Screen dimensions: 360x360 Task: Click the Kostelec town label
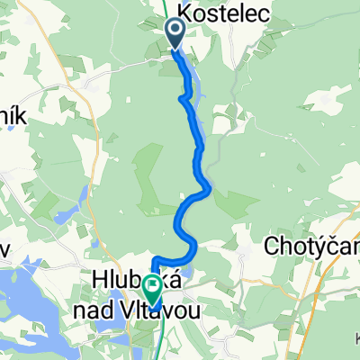point(216,12)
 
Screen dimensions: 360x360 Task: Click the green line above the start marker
point(169,11)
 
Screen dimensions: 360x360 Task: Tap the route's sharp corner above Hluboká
point(155,261)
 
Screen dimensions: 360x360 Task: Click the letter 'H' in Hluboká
point(99,281)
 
